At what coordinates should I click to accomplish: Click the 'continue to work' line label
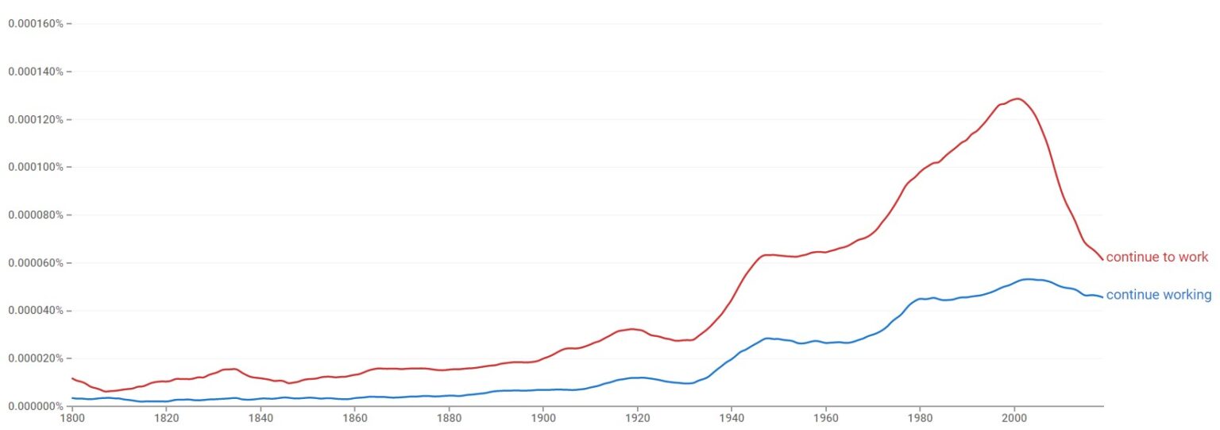(x=1156, y=258)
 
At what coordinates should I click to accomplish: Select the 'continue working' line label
(x=1158, y=296)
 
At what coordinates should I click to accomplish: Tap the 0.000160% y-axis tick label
(x=36, y=23)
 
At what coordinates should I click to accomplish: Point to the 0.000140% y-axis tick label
(x=36, y=72)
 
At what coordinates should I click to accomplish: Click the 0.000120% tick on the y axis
(x=36, y=119)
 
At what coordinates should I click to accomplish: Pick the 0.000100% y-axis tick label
(x=36, y=167)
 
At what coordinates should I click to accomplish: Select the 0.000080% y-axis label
(x=36, y=215)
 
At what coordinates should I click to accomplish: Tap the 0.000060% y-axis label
(x=36, y=262)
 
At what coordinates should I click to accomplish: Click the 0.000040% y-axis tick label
(x=36, y=310)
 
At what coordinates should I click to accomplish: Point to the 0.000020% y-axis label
(x=36, y=358)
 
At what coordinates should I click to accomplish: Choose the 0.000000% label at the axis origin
(x=36, y=405)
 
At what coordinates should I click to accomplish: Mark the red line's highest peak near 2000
(x=1017, y=99)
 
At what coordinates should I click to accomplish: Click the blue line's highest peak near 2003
(x=1029, y=279)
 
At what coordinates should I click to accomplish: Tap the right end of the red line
(x=1102, y=259)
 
